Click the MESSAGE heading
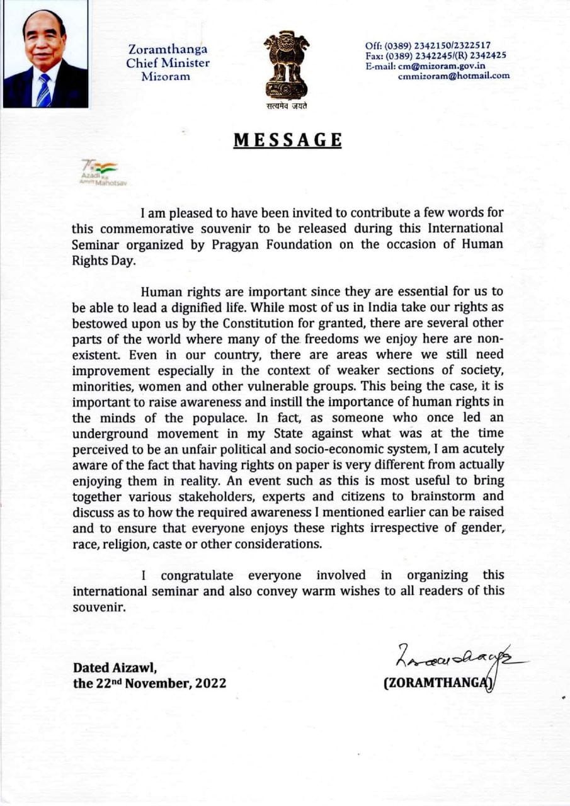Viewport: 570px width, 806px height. point(287,140)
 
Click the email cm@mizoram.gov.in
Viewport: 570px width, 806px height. point(444,66)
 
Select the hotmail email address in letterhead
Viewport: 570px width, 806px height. point(453,76)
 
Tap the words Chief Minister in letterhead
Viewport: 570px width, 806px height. point(168,63)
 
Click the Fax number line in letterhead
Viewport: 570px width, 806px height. point(436,55)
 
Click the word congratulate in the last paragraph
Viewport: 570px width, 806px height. point(197,575)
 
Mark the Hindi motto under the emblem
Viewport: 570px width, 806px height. point(286,106)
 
